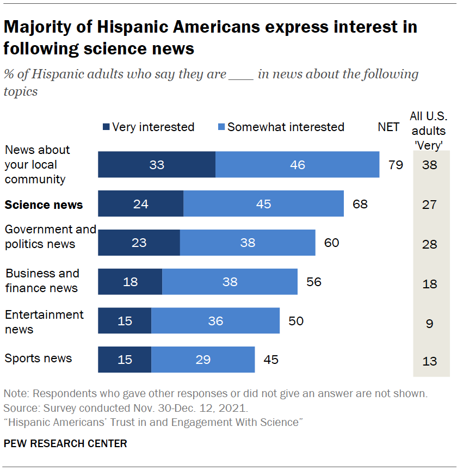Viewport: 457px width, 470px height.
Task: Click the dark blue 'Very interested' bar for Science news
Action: coord(140,204)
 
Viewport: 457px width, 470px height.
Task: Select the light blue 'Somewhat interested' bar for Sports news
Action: coord(203,360)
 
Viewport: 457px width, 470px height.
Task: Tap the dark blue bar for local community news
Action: coord(157,164)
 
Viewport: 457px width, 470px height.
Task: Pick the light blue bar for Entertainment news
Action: coord(215,320)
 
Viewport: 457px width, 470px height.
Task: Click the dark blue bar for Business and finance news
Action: coord(130,281)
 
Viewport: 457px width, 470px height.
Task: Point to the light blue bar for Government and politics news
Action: coord(248,242)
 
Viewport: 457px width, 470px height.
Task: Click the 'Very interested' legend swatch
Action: coord(106,127)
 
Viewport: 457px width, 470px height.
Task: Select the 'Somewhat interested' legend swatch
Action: coord(221,127)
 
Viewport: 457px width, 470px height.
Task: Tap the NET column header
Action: coord(389,127)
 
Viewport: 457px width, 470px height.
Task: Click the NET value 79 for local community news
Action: coord(396,165)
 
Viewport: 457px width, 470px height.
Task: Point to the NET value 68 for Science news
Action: coord(360,205)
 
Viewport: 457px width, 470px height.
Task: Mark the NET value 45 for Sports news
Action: coord(270,360)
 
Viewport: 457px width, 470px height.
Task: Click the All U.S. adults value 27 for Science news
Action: coord(430,205)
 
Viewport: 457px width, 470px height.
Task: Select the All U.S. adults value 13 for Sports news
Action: coord(430,361)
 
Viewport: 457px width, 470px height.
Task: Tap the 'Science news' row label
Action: coord(44,205)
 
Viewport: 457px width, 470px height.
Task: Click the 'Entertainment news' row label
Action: coord(44,321)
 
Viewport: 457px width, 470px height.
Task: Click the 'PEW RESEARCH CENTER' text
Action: coord(65,443)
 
